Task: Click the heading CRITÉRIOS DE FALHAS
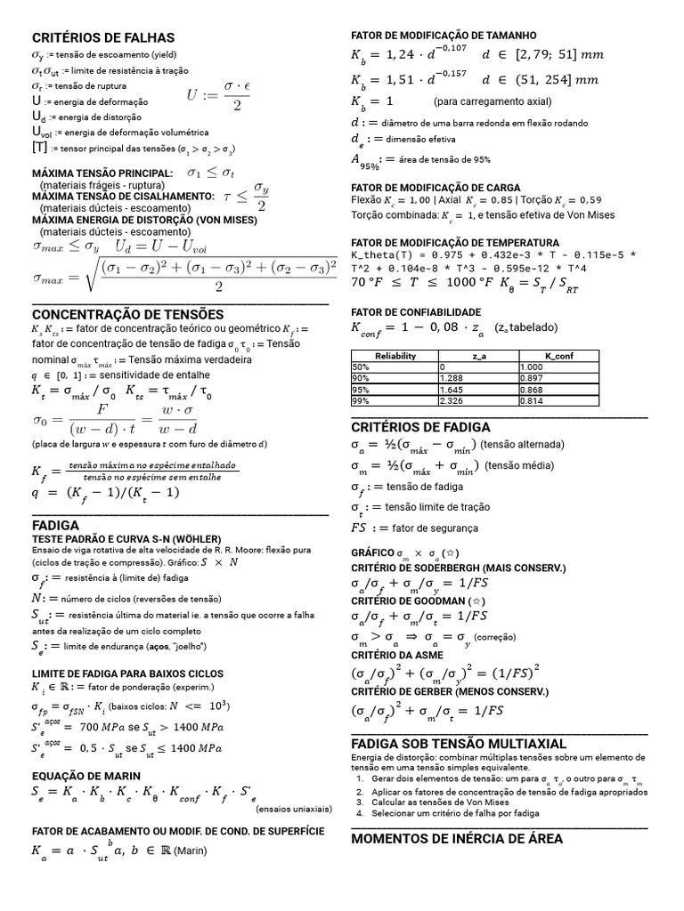[103, 37]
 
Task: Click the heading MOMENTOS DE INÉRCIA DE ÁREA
[457, 838]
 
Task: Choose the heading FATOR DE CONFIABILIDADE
[416, 312]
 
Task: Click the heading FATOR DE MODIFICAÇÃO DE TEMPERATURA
[455, 243]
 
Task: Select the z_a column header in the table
[478, 355]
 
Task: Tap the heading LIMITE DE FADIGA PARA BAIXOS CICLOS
[127, 673]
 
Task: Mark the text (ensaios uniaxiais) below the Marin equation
[294, 810]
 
